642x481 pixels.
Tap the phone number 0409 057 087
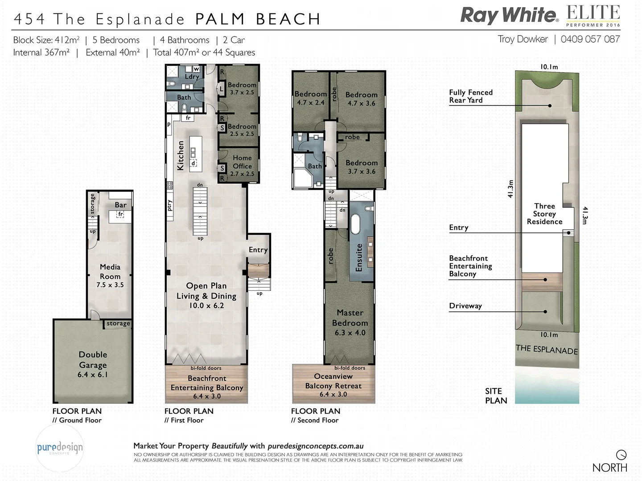590,39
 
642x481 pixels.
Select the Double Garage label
93,364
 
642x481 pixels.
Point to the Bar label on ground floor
120,205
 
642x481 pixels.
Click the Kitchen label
181,155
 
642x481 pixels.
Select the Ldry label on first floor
192,77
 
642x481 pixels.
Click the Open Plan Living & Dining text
206,295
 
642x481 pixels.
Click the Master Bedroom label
350,322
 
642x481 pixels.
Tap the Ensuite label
359,257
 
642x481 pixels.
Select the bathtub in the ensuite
355,224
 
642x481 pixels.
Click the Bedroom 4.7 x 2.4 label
310,98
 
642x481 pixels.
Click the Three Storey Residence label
544,214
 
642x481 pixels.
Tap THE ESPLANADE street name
547,350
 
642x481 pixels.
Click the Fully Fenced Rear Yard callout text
470,96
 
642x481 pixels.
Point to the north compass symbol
621,455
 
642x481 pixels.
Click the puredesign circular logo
59,448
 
